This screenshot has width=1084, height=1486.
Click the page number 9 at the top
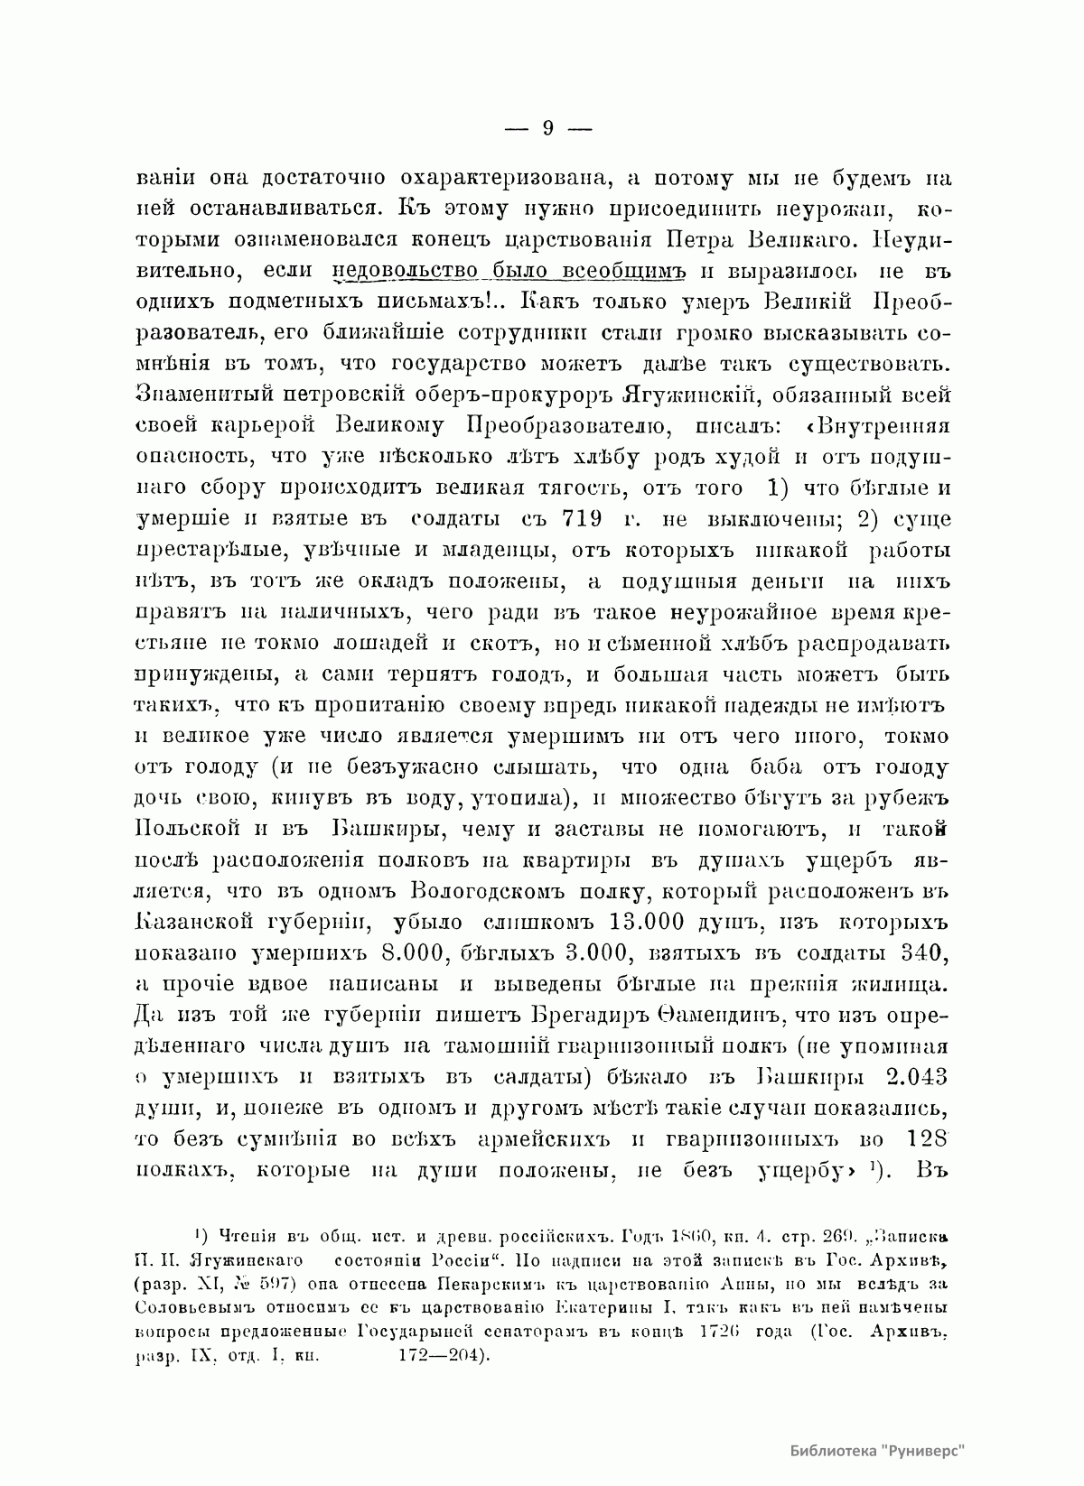pyautogui.click(x=547, y=128)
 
